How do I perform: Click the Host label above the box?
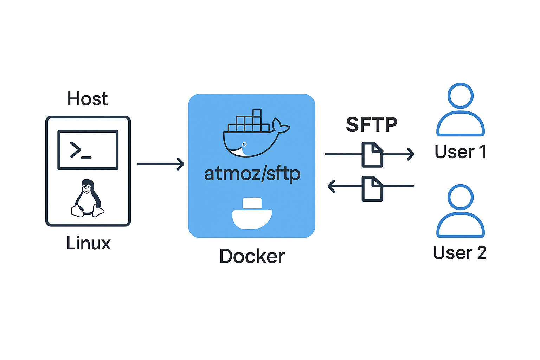(x=87, y=99)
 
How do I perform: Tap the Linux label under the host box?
(x=88, y=243)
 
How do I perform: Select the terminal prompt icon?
(x=88, y=150)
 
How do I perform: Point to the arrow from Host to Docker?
(x=160, y=164)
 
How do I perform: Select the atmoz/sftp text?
(x=252, y=174)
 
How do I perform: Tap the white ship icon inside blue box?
(x=252, y=213)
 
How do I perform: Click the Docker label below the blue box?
(x=252, y=256)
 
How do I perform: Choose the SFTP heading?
(x=371, y=124)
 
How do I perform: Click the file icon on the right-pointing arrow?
(x=372, y=154)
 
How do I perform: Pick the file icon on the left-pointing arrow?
(x=372, y=189)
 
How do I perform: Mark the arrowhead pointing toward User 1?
(x=411, y=154)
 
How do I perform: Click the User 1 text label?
(x=460, y=152)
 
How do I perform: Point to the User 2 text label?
(x=459, y=253)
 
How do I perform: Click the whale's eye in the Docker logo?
(x=244, y=144)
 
